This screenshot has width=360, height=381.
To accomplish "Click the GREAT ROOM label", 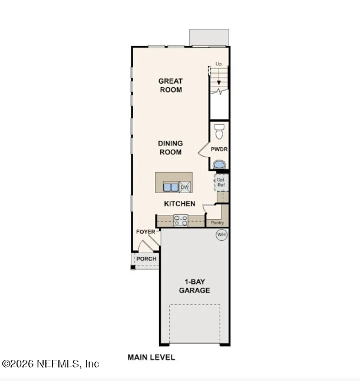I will pyautogui.click(x=170, y=85).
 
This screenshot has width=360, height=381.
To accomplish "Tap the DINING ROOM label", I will pyautogui.click(x=170, y=148).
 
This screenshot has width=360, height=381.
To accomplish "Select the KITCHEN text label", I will pyautogui.click(x=179, y=204).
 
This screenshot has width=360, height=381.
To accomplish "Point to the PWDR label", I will pyautogui.click(x=219, y=150).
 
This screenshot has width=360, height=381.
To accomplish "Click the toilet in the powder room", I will pyautogui.click(x=219, y=128).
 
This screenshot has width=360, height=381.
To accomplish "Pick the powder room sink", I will pyautogui.click(x=219, y=164).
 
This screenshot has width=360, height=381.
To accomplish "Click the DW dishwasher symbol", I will pyautogui.click(x=184, y=187).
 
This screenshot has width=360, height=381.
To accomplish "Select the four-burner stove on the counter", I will pyautogui.click(x=180, y=221).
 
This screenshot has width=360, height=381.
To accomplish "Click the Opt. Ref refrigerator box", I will pyautogui.click(x=221, y=181).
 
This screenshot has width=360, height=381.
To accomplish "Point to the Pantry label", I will pyautogui.click(x=217, y=223).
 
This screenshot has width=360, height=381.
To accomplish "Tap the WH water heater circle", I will pyautogui.click(x=222, y=235).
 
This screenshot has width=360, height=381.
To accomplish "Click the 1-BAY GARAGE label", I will pyautogui.click(x=194, y=286).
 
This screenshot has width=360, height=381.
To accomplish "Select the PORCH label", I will pyautogui.click(x=146, y=259).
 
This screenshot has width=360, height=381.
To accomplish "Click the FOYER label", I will pyautogui.click(x=146, y=232).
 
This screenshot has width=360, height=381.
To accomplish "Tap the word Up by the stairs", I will pyautogui.click(x=219, y=64).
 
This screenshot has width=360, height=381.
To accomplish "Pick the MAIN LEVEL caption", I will pyautogui.click(x=151, y=357).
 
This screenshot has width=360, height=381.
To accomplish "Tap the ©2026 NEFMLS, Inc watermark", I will pyautogui.click(x=51, y=364).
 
